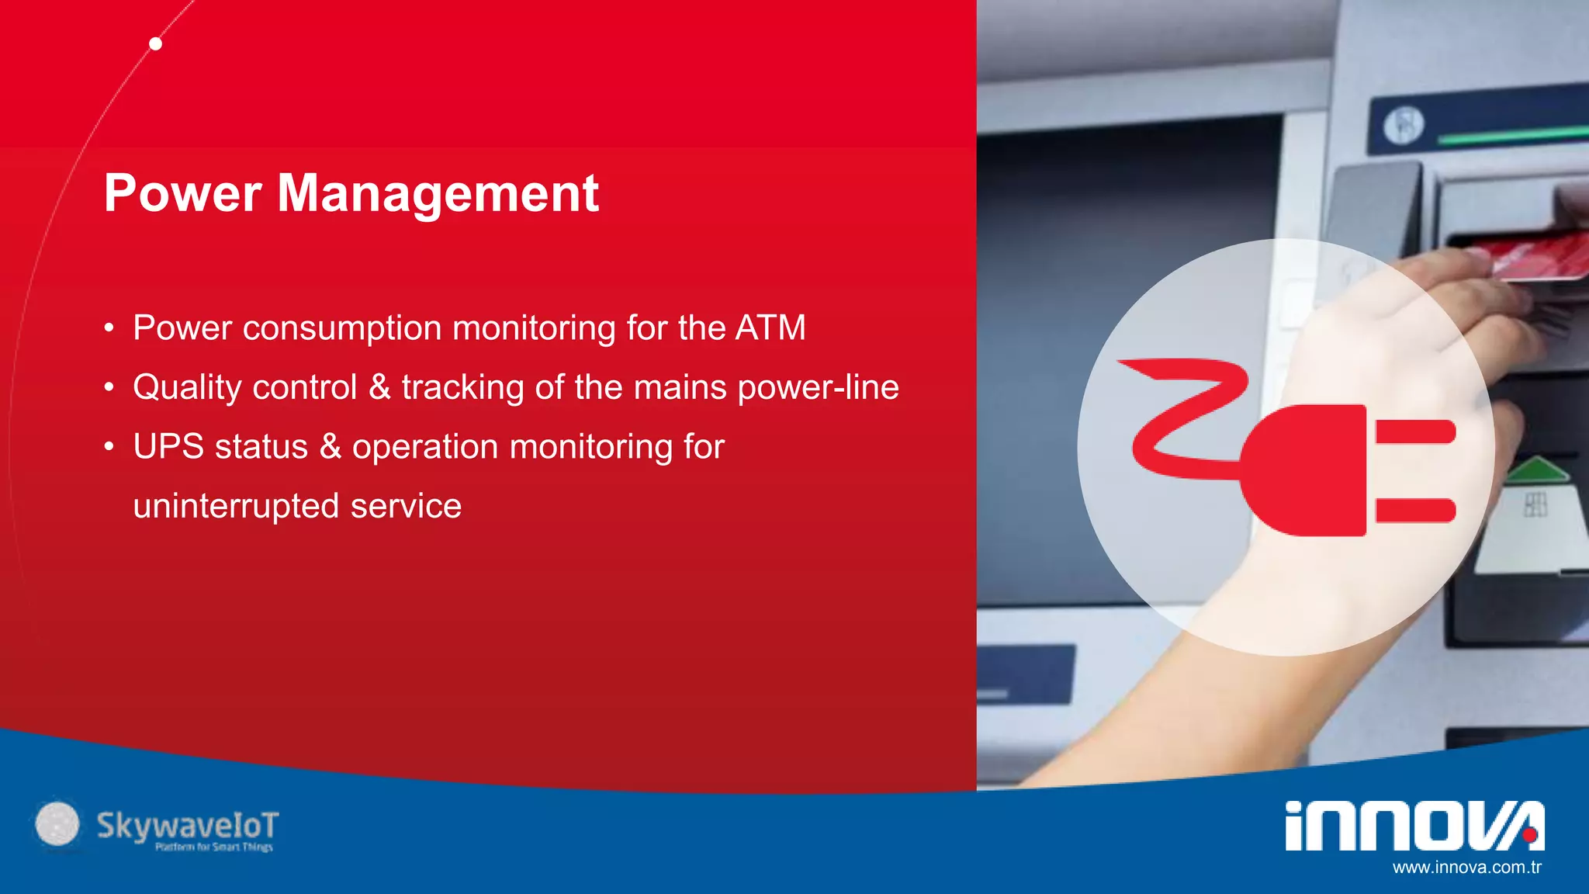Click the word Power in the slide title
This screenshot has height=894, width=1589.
[x=182, y=193]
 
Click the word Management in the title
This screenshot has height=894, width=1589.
[x=438, y=193]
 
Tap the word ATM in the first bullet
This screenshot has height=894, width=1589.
[x=770, y=327]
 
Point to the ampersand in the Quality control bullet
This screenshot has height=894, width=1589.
[x=379, y=386]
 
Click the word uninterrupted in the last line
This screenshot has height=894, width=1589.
[x=236, y=506]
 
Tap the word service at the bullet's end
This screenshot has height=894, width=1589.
[x=406, y=506]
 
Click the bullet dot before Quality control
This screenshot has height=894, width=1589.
[x=109, y=387]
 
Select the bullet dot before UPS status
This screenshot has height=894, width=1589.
[x=109, y=447]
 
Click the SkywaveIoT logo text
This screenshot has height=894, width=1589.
[x=187, y=826]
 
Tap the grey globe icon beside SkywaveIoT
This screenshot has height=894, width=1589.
[x=57, y=823]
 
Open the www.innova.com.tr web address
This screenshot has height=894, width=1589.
[x=1466, y=868]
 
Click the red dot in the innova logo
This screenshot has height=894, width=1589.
[x=1529, y=835]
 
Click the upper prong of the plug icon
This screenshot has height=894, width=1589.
[x=1415, y=431]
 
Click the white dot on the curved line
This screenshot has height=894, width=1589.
[x=156, y=44]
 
